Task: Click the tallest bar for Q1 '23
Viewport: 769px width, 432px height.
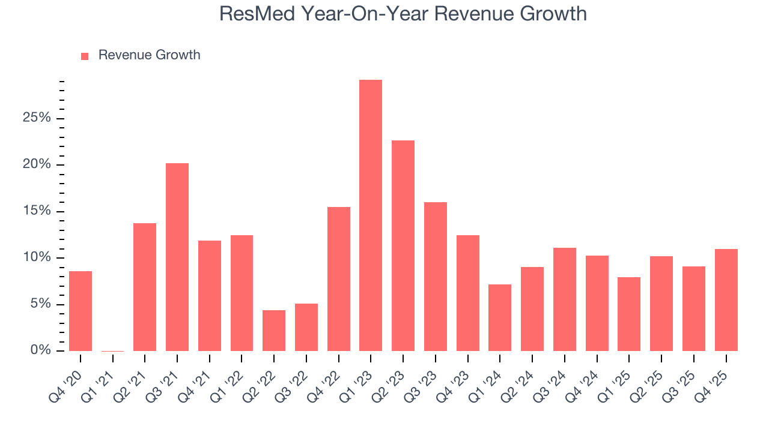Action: [x=371, y=215]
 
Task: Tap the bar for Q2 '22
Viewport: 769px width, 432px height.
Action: [x=274, y=331]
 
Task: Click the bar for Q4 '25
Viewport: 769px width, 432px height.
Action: [x=726, y=300]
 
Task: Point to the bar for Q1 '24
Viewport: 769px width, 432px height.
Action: [x=500, y=317]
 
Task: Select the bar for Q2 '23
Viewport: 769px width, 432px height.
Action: [x=403, y=245]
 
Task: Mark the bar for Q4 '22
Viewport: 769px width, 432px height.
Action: [x=339, y=279]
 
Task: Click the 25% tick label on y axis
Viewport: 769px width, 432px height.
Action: [x=37, y=118]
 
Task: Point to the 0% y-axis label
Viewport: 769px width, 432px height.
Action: [x=40, y=350]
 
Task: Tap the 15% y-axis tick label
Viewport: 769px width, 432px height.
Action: [x=37, y=211]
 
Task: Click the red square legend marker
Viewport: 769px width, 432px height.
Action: [x=85, y=56]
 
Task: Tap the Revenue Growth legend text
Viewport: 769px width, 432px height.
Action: [x=149, y=55]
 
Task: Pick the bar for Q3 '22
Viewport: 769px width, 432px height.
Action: [x=306, y=327]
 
